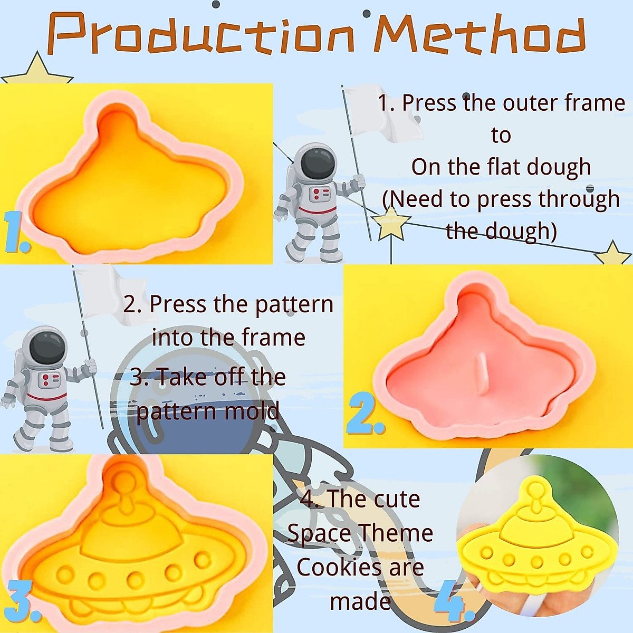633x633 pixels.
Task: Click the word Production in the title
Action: (x=200, y=34)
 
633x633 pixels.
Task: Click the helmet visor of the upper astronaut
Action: (x=319, y=164)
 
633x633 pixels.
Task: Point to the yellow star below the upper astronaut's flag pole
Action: (x=390, y=223)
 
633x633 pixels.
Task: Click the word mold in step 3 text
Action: (x=255, y=411)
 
